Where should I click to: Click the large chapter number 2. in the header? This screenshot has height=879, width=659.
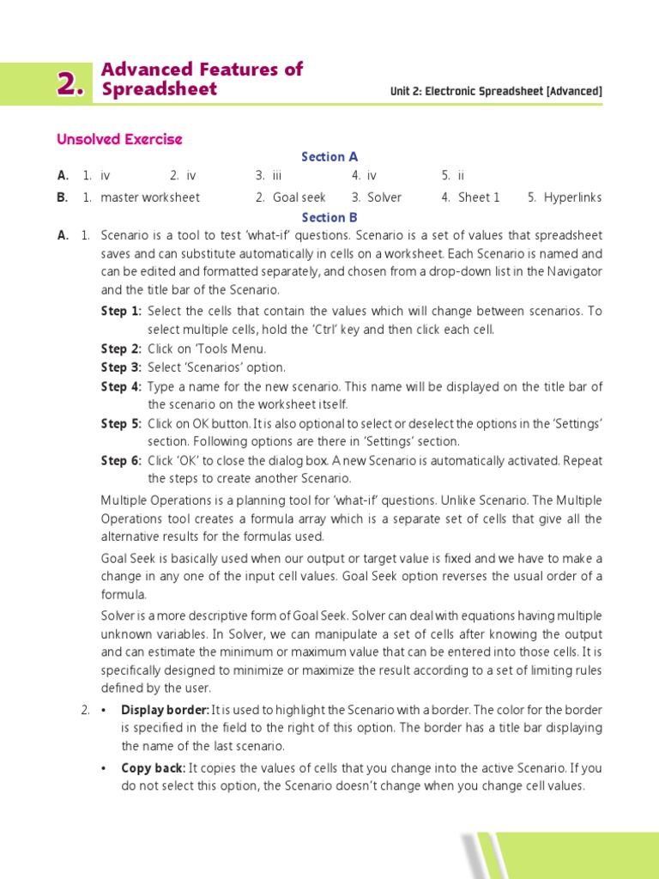[70, 83]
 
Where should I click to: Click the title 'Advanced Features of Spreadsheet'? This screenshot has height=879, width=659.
[202, 79]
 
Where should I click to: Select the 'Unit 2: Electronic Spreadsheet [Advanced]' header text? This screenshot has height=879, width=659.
[495, 91]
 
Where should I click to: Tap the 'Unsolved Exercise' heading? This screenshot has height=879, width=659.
[119, 139]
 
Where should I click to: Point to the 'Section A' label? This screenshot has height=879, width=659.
[329, 156]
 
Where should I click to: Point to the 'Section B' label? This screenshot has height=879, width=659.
[329, 217]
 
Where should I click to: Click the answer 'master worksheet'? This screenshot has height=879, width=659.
[150, 197]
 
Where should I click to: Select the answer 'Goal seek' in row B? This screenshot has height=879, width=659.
[299, 197]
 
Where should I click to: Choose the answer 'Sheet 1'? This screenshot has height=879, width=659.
[479, 197]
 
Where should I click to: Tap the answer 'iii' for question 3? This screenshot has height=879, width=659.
[277, 175]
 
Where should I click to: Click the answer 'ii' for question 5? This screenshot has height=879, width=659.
[461, 175]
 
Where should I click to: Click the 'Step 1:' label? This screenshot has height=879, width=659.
[121, 311]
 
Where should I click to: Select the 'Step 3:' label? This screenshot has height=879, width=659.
[121, 367]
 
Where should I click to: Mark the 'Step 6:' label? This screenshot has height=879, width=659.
[121, 461]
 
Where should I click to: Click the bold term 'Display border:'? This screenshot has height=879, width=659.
[165, 710]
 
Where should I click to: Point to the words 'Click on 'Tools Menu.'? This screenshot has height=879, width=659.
[207, 349]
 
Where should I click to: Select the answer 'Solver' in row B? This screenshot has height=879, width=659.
[384, 197]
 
